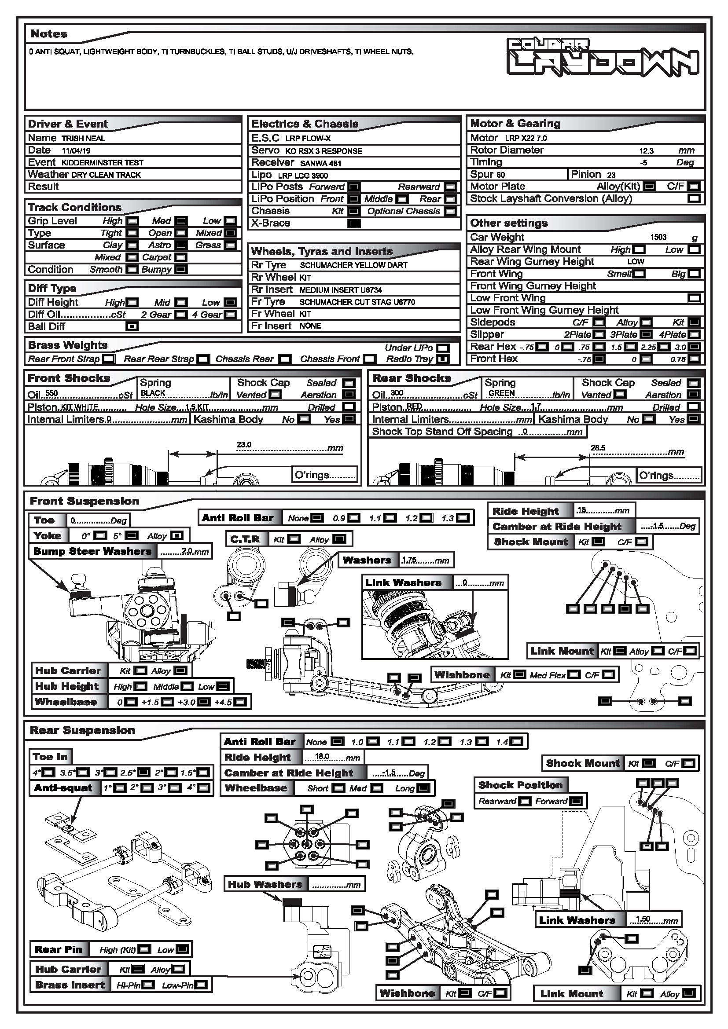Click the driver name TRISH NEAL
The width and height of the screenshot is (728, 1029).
83,139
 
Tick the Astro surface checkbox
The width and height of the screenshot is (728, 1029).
180,245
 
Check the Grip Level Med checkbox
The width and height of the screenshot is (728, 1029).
180,221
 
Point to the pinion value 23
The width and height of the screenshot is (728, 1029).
611,175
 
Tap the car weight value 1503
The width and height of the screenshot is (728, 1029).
658,237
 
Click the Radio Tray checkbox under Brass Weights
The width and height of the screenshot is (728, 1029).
443,359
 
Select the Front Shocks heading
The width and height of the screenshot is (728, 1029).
69,378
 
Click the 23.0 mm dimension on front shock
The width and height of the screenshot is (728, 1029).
244,445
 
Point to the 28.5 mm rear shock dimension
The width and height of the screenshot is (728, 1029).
598,448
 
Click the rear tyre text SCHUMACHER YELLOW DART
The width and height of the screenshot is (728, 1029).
354,265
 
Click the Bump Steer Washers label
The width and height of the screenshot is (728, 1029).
92,551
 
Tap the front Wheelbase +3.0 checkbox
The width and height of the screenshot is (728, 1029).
203,702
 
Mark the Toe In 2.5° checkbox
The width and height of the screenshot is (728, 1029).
143,773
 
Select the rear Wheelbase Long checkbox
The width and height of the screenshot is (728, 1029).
423,788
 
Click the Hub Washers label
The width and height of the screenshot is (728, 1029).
265,884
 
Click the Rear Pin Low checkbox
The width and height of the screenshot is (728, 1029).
183,949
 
